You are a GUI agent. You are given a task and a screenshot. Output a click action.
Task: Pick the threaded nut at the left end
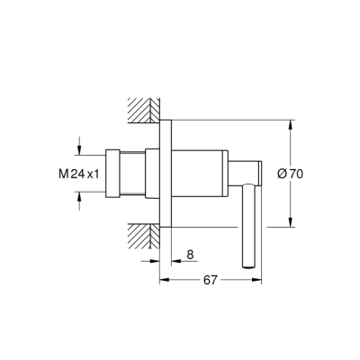coord(113,172)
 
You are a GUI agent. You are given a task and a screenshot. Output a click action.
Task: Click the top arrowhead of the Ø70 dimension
coord(290,124)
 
